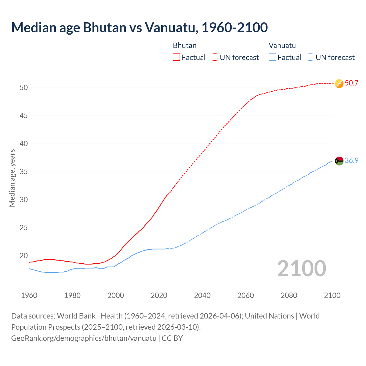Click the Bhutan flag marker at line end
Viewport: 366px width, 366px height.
point(339,83)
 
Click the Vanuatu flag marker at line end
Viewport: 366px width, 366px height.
point(339,161)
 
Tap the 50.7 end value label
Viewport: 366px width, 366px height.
point(351,83)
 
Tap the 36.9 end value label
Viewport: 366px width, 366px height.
point(351,161)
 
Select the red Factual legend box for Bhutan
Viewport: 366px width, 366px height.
point(176,57)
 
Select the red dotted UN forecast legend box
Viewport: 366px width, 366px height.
point(214,57)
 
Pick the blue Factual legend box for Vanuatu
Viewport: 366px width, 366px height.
point(272,57)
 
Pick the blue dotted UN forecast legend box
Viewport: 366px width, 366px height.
point(311,57)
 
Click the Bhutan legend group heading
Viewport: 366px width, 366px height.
point(185,45)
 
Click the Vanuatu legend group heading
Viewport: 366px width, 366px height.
point(282,45)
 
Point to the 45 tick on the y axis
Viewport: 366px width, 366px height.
point(24,116)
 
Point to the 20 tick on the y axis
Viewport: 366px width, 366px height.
point(24,256)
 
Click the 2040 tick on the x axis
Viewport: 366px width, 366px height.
point(202,295)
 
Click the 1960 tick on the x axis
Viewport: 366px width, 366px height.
point(29,295)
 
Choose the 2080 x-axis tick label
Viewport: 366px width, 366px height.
point(289,295)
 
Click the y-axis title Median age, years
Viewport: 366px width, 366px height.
point(12,178)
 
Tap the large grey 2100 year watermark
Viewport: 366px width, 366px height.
point(301,268)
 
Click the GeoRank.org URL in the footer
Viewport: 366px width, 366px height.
point(84,338)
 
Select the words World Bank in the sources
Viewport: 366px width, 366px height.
point(76,316)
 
